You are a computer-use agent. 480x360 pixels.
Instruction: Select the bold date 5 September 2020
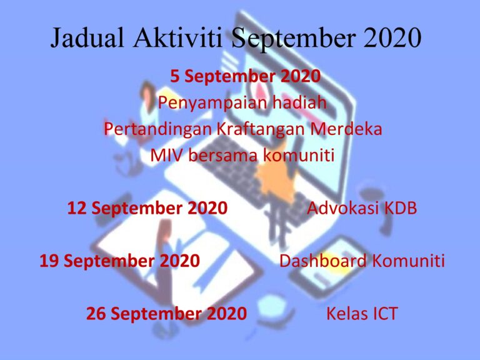246,77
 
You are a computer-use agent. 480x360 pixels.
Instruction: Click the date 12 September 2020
147,208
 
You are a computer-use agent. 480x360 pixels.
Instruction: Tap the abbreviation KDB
400,208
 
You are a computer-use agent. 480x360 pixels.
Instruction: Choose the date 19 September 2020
120,261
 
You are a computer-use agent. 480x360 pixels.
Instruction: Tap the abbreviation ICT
383,313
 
